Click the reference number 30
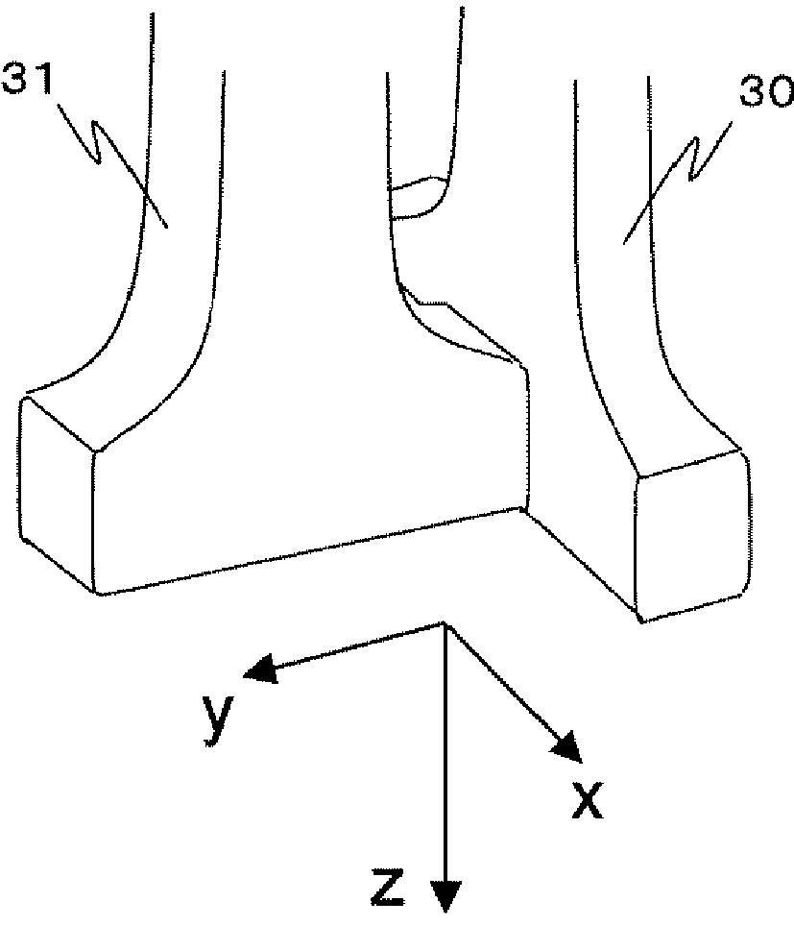[765, 93]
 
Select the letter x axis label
[587, 798]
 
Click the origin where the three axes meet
[444, 624]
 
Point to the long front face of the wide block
[307, 509]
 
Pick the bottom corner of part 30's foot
[640, 621]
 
